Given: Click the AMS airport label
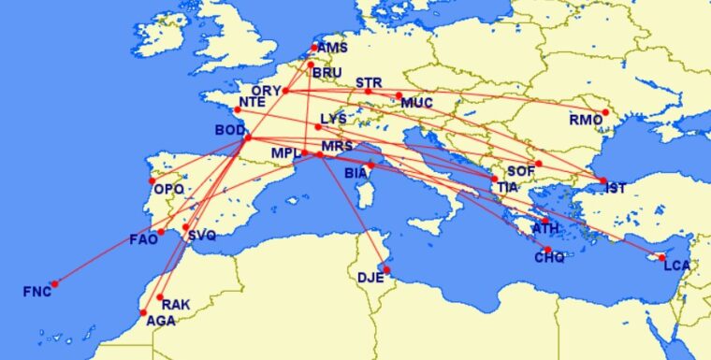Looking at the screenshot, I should pyautogui.click(x=331, y=49).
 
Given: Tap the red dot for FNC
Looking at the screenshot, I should pyautogui.click(x=55, y=283).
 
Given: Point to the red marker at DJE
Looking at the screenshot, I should pyautogui.click(x=387, y=271).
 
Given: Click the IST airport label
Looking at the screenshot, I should pyautogui.click(x=616, y=189).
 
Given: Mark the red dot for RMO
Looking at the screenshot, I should pyautogui.click(x=606, y=112).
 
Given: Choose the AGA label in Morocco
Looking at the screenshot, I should pyautogui.click(x=160, y=320).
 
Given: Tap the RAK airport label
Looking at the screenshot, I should pyautogui.click(x=176, y=305).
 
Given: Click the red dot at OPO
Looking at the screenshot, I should pyautogui.click(x=152, y=181).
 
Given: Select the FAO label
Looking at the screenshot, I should pyautogui.click(x=143, y=240).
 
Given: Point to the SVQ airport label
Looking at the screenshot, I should pyautogui.click(x=201, y=236).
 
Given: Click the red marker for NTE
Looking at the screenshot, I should pyautogui.click(x=237, y=109).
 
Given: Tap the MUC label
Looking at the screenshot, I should pyautogui.click(x=416, y=103).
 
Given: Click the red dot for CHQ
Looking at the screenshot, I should pyautogui.click(x=547, y=250).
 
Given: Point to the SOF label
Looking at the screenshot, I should pyautogui.click(x=521, y=172).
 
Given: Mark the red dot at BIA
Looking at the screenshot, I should pyautogui.click(x=370, y=166).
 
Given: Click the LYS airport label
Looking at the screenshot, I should pyautogui.click(x=332, y=119).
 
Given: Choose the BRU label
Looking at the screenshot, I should pyautogui.click(x=327, y=72).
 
